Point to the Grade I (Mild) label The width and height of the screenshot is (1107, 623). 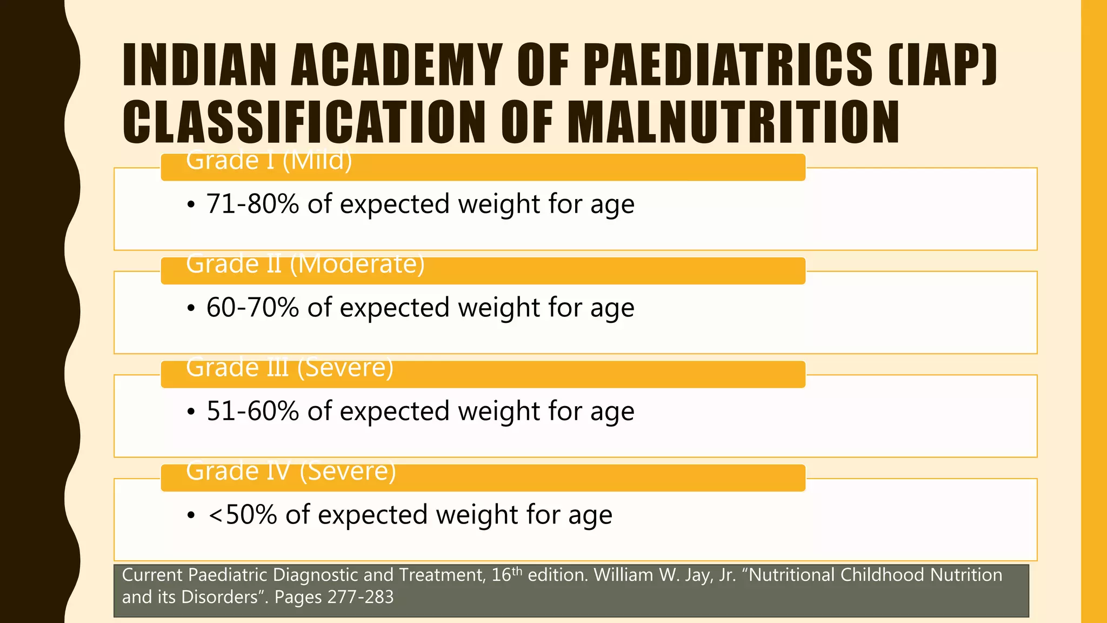(269, 161)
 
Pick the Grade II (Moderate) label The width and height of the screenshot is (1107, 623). (305, 264)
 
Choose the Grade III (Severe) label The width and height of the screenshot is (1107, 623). (290, 368)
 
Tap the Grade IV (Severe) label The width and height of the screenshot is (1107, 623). (291, 471)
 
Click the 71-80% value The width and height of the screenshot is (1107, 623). (252, 204)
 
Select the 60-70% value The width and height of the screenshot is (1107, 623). (252, 308)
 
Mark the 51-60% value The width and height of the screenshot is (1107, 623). (252, 411)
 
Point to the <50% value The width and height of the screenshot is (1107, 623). (243, 515)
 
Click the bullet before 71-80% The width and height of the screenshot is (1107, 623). (190, 206)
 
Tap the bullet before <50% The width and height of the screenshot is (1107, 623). (190, 516)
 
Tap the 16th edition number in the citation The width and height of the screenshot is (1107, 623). (507, 574)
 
